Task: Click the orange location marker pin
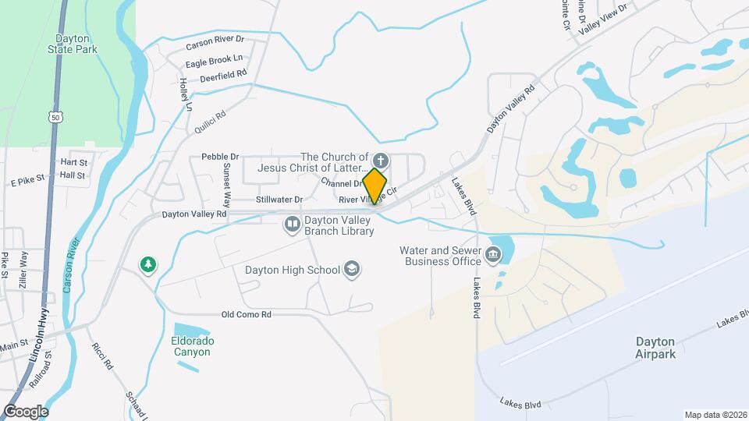(375, 186)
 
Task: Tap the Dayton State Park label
(76, 43)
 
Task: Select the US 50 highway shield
(53, 117)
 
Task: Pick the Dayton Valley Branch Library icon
(293, 225)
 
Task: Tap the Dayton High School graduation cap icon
(353, 269)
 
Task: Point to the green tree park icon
(147, 266)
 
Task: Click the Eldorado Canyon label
(192, 346)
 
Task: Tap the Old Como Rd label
(246, 315)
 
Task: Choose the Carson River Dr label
(215, 39)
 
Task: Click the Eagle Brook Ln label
(214, 58)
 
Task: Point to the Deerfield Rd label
(223, 78)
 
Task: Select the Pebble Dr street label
(220, 157)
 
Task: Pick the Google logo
(26, 412)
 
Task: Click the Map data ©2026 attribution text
(715, 415)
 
